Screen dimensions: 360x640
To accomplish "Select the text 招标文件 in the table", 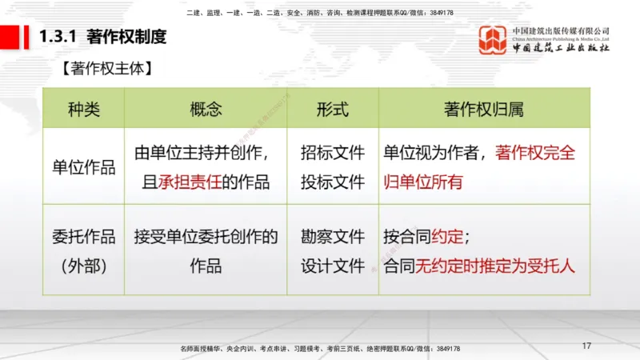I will click(x=333, y=153).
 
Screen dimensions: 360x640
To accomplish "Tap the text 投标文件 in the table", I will click(x=333, y=182).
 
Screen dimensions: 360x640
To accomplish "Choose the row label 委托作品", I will click(x=84, y=237).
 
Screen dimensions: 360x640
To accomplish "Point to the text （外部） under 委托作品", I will click(x=84, y=266).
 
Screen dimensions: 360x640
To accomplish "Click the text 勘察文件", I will click(x=333, y=237).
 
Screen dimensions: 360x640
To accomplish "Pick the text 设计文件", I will click(x=333, y=266).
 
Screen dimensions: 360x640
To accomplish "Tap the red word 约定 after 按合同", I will click(x=447, y=237).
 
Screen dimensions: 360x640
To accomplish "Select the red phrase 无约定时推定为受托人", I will click(x=494, y=266).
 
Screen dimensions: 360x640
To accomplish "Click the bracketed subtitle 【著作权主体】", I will click(x=106, y=69).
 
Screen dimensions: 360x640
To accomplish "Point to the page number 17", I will click(x=586, y=346).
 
